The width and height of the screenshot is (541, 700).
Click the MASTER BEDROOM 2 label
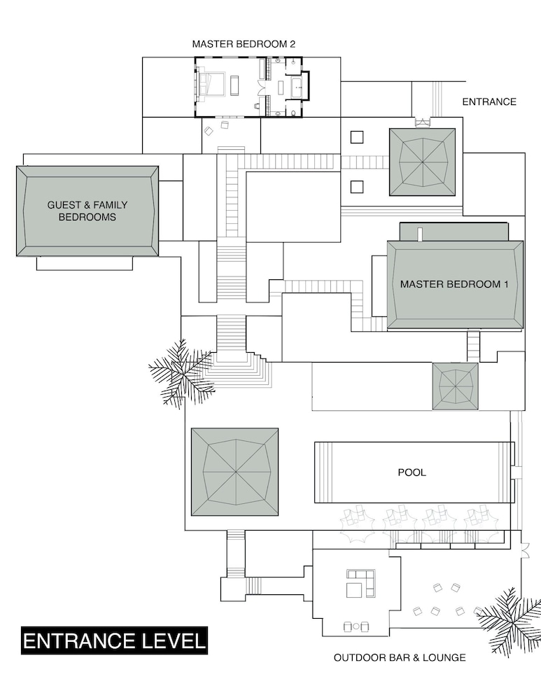[x=244, y=43]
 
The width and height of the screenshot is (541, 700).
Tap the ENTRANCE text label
[x=489, y=101]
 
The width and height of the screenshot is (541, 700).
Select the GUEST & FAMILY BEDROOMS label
[x=87, y=211]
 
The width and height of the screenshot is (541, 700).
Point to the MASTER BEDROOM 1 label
[x=454, y=284]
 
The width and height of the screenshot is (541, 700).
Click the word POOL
[x=412, y=472]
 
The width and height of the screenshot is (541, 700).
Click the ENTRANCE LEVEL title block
[x=114, y=641]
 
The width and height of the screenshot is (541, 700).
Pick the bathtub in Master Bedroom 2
[x=297, y=87]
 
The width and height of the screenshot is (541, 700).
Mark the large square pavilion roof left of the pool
[x=234, y=472]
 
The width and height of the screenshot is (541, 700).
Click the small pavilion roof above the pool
[x=456, y=386]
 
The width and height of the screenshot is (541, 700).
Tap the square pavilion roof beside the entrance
[x=422, y=162]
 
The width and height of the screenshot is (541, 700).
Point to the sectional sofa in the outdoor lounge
[x=361, y=583]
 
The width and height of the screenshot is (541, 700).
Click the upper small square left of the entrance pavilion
[x=357, y=137]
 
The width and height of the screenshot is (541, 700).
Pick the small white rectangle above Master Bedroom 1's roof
[x=420, y=234]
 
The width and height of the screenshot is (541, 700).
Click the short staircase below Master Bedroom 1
[x=474, y=346]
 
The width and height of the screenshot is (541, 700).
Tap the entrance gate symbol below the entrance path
[x=423, y=122]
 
